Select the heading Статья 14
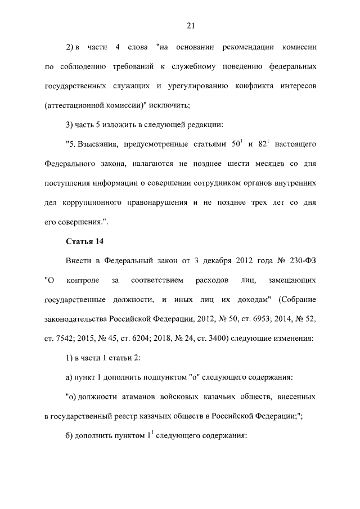tap(85, 242)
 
